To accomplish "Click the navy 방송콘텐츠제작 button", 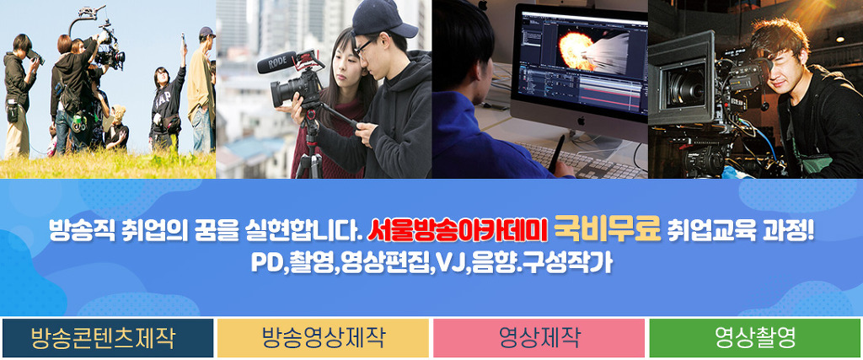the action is (x=108, y=338).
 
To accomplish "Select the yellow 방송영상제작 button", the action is (x=323, y=338).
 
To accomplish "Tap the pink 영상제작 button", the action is (x=539, y=338).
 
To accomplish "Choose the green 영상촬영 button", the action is (x=755, y=338).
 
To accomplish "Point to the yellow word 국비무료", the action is (x=607, y=230).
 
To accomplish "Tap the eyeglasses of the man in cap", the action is (x=364, y=46).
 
